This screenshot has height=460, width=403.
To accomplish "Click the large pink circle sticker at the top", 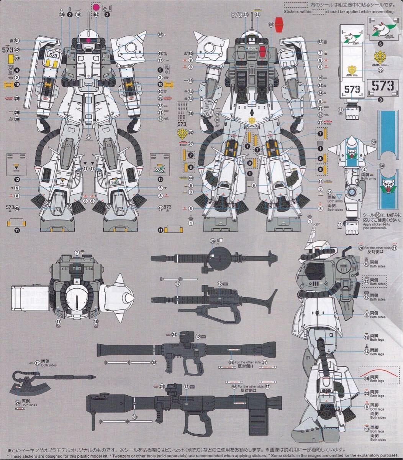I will click(96, 7).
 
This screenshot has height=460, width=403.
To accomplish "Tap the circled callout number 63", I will click(17, 58).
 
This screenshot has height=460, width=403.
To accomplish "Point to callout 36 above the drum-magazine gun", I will click(213, 241).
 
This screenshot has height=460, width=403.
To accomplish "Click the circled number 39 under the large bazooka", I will click(134, 417).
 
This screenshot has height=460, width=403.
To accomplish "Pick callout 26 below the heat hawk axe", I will click(18, 402).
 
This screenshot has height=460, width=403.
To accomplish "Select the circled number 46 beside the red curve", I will click(367, 379).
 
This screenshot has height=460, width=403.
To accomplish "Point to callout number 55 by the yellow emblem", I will click(380, 70).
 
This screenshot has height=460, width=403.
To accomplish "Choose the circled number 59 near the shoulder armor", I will click(374, 141).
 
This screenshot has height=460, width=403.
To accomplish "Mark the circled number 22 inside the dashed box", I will click(367, 281).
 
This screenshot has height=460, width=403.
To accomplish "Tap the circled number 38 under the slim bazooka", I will click(154, 362).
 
